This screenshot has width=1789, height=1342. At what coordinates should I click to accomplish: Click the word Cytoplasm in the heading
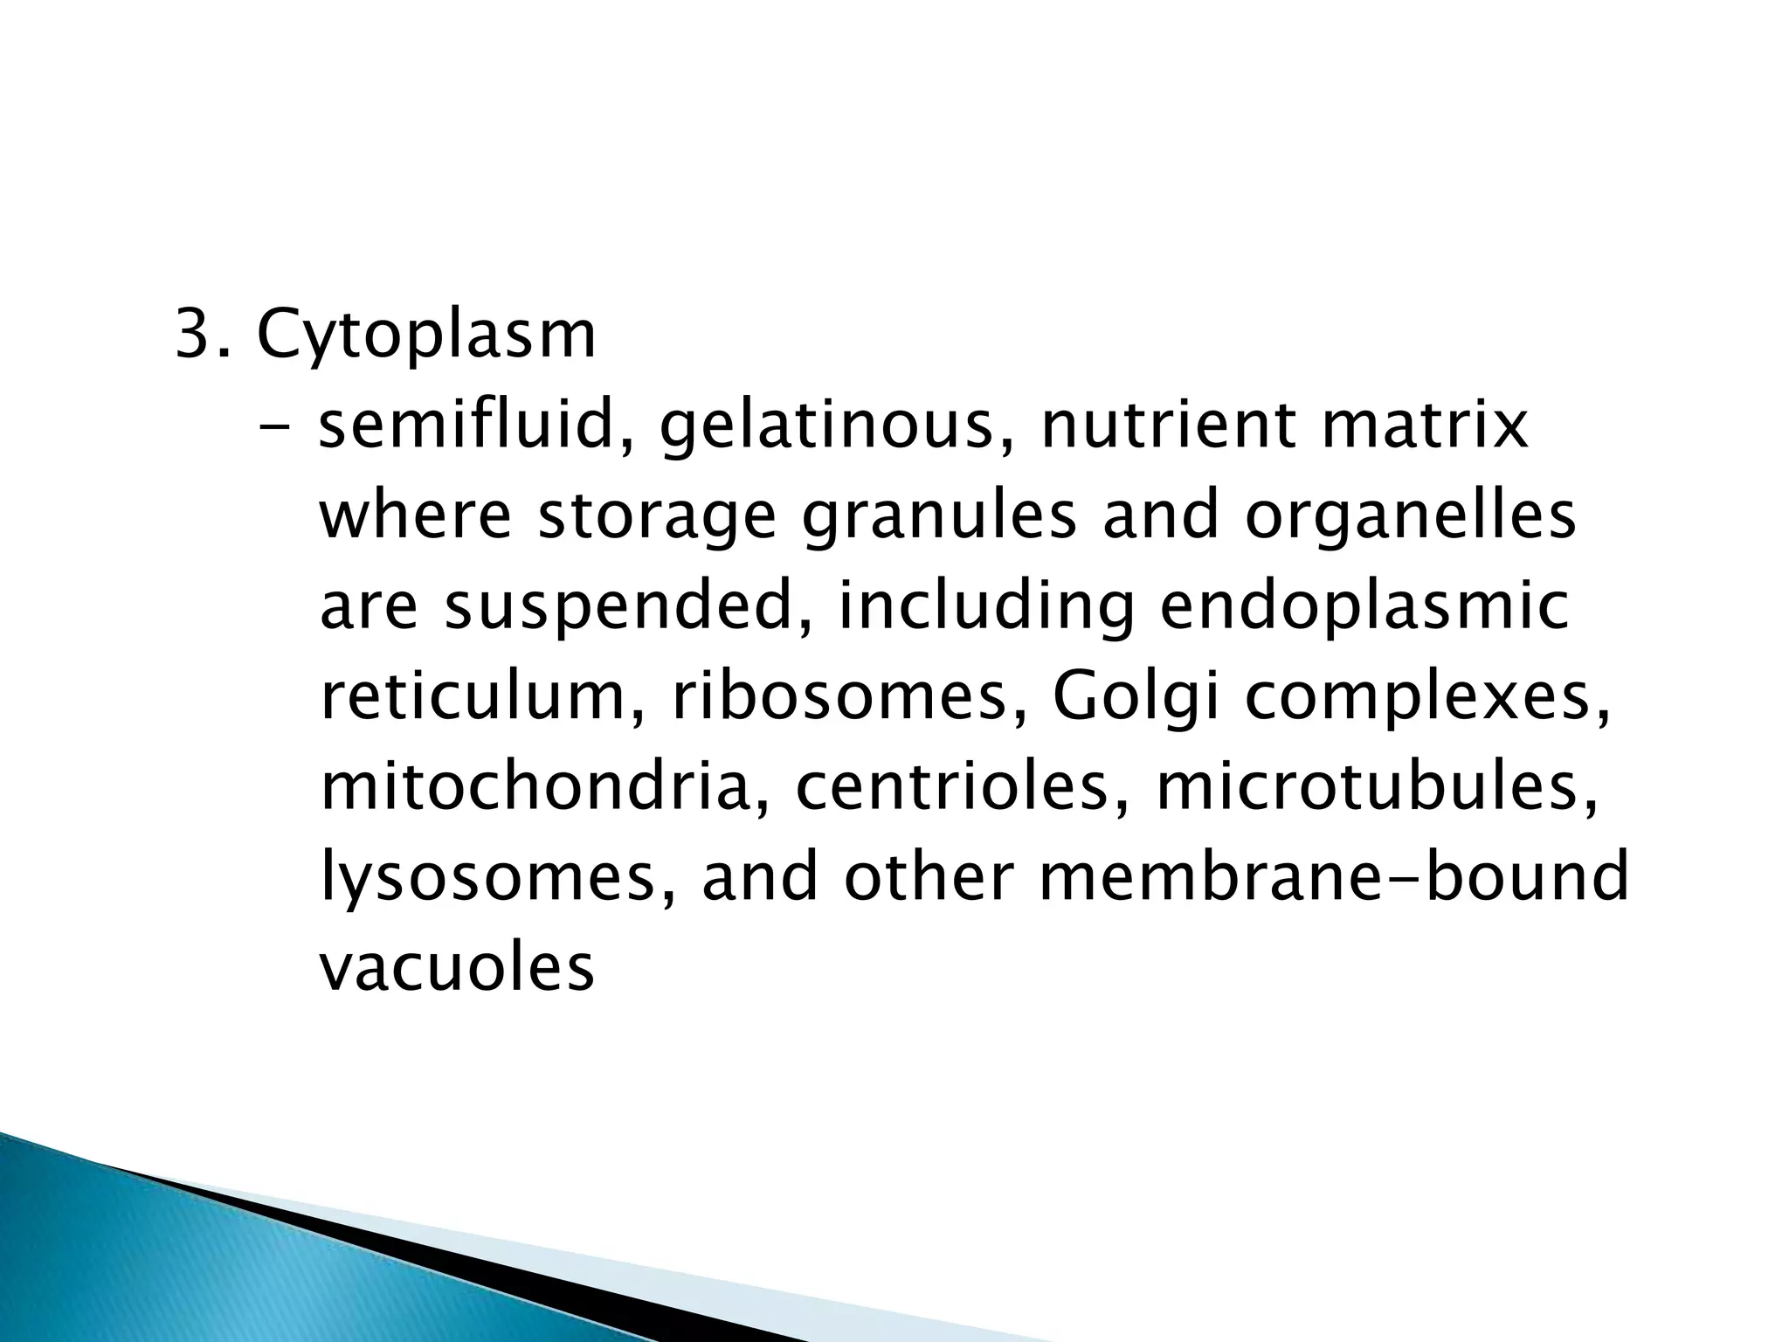pyautogui.click(x=426, y=336)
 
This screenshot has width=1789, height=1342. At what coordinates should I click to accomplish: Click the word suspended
pyautogui.click(x=618, y=610)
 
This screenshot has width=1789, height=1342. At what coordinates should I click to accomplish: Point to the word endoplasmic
pyautogui.click(x=1363, y=610)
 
